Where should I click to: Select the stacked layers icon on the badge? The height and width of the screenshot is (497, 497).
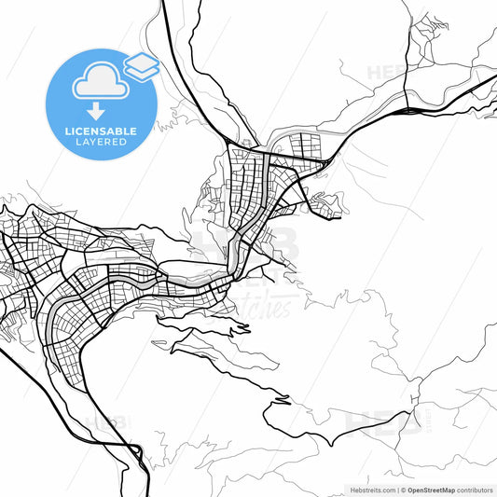coord(141,65)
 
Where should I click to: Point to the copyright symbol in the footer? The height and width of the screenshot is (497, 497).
coord(403,489)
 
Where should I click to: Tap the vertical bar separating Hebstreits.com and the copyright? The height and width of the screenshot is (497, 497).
coord(397,489)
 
